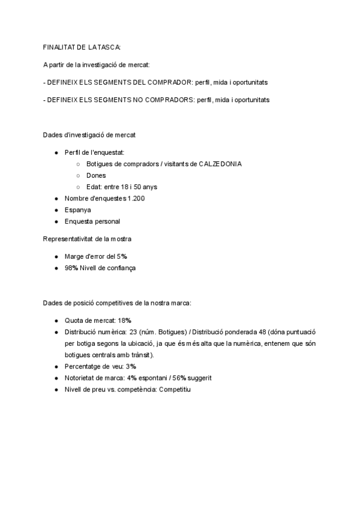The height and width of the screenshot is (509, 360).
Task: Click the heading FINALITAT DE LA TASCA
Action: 82,47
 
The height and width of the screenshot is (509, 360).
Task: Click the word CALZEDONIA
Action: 220,164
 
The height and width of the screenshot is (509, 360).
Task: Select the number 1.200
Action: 136,199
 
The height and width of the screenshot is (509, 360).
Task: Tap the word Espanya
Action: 78,210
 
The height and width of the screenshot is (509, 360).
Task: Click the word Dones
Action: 96,176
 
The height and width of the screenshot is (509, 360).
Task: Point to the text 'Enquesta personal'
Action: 92,221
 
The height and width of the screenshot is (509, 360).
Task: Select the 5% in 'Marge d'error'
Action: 122,256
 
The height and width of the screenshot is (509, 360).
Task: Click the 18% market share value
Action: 125,321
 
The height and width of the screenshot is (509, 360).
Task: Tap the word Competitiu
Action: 175,390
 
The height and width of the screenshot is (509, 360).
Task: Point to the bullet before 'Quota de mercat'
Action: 56,321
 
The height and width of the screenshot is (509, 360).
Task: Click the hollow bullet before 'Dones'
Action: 79,176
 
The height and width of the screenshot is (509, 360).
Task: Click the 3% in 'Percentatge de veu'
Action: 131,366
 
